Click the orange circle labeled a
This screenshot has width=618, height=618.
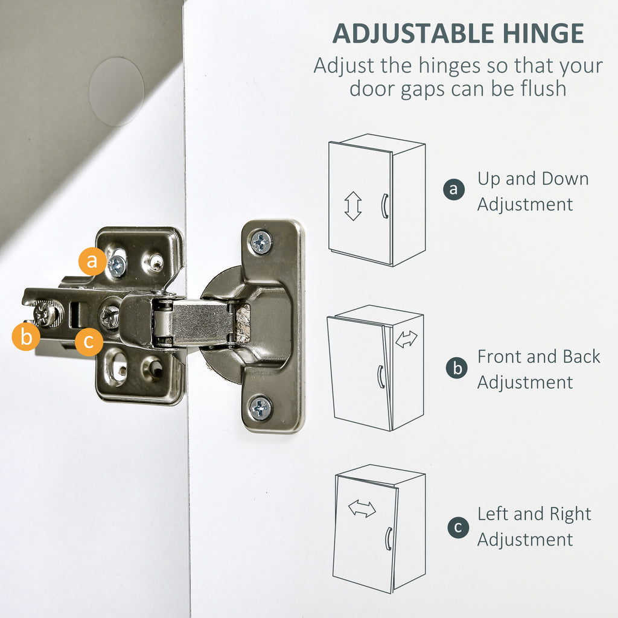92,261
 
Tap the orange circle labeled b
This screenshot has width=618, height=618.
26,337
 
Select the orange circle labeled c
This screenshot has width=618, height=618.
89,342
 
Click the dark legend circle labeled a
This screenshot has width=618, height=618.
454,189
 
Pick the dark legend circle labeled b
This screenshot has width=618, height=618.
457,368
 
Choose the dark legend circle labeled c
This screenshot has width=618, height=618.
459,527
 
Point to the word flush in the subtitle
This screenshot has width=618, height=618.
544,88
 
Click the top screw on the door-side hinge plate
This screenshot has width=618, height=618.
261,241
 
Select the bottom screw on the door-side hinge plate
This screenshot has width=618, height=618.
261,409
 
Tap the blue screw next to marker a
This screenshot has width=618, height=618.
116,266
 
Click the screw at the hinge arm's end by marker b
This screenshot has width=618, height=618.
46,314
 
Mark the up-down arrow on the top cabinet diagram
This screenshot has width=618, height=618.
352,206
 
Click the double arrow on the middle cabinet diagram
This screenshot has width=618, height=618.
406,339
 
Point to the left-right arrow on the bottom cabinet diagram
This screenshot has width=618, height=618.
362,508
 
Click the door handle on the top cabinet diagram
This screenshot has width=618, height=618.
384,206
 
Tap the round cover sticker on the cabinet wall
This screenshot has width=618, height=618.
116,92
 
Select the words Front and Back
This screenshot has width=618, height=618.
539,357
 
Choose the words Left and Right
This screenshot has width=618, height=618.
535,514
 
